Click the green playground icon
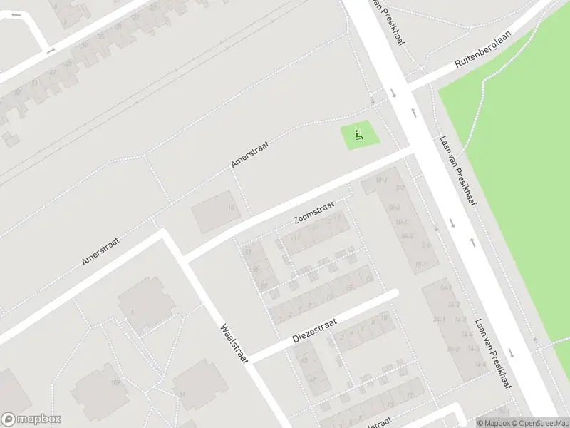coord(358,133)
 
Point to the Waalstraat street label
coord(234,344)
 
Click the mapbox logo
coord(31,419)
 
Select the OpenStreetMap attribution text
coord(538,423)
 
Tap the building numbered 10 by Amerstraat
coord(230,208)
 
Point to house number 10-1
coord(381,179)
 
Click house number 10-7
coord(421,265)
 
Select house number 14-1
coord(446,287)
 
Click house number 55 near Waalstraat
coord(255,269)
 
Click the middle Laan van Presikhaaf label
coord(457,171)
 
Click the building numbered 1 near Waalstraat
coord(132,312)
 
